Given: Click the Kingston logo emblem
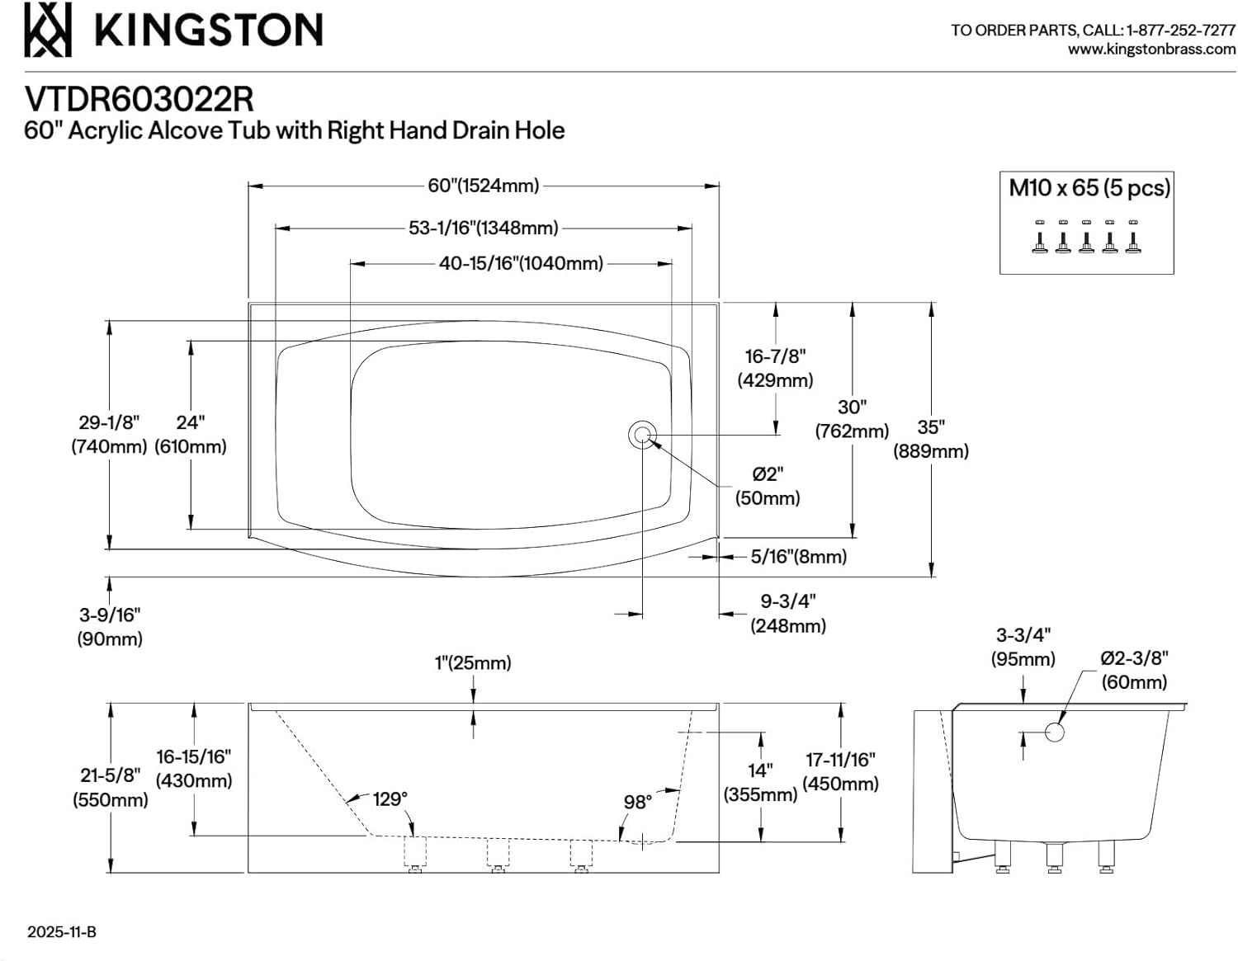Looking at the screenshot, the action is [48, 30].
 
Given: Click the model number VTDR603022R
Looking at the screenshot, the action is [139, 100].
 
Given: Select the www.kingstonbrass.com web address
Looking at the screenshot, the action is [1152, 49].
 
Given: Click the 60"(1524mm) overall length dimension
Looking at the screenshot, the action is [483, 186].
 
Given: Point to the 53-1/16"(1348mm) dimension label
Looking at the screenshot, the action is [483, 228].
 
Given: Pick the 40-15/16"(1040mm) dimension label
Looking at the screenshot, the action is [521, 263].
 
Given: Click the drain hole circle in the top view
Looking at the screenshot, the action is [642, 435].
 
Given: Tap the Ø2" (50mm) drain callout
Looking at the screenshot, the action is [768, 486].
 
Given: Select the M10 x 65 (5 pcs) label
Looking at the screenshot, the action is [1089, 188].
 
